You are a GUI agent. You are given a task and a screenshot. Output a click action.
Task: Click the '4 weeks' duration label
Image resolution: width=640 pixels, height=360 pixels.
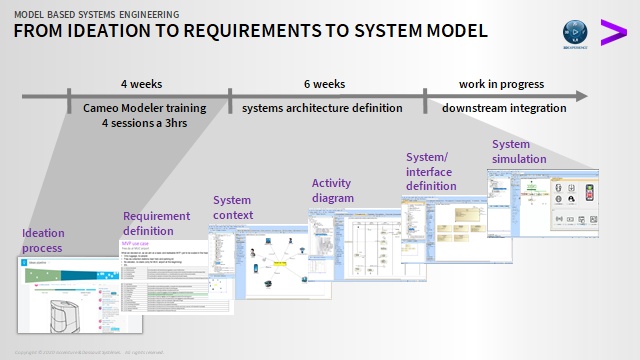[x=141, y=84]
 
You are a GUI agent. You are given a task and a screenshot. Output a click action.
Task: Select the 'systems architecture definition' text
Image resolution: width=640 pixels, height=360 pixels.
[x=321, y=108]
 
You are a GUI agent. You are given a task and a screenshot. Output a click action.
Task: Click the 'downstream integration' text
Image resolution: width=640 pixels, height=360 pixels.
[x=504, y=108]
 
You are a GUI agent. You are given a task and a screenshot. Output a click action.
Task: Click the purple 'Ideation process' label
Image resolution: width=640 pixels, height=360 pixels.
[x=42, y=240]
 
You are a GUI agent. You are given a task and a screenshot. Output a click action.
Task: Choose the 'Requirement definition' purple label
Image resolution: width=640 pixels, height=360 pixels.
[x=156, y=223]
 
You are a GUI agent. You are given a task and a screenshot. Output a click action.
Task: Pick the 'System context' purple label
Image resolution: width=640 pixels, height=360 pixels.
[x=233, y=207]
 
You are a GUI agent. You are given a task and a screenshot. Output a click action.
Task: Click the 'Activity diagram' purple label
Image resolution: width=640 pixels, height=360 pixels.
[x=332, y=190]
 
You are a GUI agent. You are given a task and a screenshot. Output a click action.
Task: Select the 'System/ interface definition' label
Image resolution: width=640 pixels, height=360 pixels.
[x=431, y=171]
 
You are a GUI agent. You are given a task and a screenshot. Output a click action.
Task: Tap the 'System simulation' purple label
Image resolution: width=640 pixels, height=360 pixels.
[x=519, y=152]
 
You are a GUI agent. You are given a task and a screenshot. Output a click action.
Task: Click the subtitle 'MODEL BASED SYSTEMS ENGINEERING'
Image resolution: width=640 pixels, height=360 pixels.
[x=97, y=14]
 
